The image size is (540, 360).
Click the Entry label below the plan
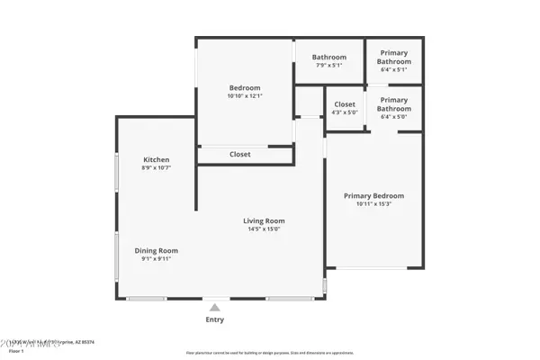[214, 319]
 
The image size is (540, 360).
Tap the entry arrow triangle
[214, 307]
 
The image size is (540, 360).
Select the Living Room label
[264, 220]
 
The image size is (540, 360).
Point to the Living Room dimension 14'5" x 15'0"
[264, 229]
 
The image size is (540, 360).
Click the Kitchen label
[156, 159]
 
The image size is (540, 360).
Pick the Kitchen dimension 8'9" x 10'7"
[156, 167]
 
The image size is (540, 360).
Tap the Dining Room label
[157, 250]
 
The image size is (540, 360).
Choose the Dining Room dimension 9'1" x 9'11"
[157, 258]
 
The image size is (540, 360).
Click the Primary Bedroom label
[374, 195]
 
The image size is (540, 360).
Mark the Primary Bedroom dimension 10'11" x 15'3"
[374, 203]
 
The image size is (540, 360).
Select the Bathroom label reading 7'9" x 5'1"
[329, 58]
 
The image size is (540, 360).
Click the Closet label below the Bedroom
[240, 154]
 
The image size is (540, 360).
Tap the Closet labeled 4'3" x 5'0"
[345, 104]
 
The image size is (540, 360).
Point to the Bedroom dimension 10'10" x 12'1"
[246, 95]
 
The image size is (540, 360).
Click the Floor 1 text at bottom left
[15, 351]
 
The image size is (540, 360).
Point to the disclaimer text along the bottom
[270, 353]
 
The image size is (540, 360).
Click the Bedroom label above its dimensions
[246, 87]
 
